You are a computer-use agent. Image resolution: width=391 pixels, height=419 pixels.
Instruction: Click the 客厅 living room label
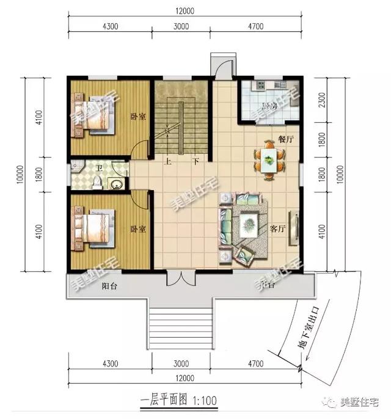(x=278, y=229)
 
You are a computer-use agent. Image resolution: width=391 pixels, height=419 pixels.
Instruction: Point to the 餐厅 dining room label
(x=286, y=139)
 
